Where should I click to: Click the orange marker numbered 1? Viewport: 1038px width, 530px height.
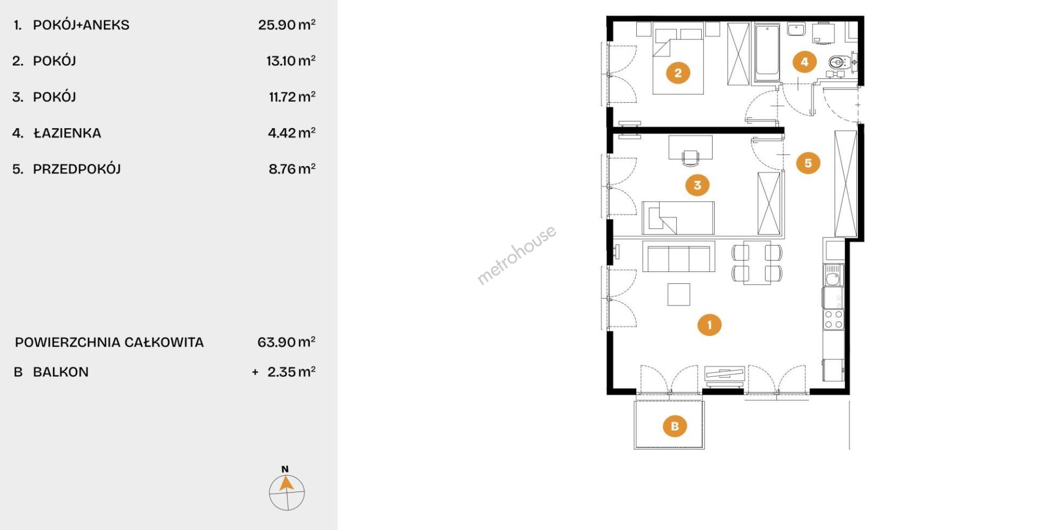709,324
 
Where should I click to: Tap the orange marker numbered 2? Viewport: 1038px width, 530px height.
678,72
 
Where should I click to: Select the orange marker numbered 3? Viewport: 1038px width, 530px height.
697,185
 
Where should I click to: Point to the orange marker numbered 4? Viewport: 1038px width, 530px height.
804,62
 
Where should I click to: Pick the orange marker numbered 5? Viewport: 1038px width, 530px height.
808,163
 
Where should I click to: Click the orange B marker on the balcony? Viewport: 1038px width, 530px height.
675,426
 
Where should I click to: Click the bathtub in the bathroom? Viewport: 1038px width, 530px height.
767,53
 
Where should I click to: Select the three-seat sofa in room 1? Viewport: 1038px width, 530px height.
678,256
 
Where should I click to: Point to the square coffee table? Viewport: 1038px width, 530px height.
678,294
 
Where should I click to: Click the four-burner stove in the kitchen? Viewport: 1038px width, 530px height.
833,319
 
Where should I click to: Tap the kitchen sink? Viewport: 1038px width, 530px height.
833,275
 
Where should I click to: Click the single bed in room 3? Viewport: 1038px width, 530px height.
678,218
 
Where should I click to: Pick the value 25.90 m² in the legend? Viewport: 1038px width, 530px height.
287,24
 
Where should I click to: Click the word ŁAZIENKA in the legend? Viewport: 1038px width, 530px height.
67,132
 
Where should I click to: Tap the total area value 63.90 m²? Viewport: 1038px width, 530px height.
287,342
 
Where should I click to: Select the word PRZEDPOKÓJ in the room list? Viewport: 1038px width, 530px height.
77,169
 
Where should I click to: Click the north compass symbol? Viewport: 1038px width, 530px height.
287,490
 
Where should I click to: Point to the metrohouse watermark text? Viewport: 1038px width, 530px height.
516,255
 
